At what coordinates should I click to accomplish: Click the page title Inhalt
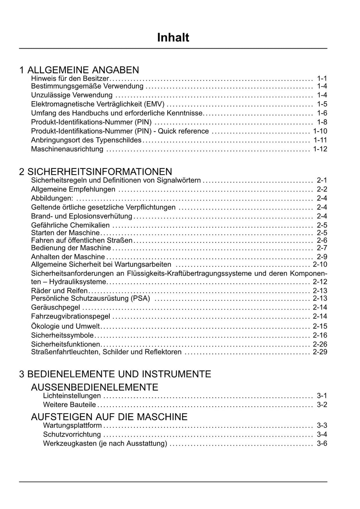point(173,38)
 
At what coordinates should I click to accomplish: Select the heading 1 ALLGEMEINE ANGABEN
point(79,70)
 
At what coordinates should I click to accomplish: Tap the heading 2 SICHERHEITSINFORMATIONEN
point(96,172)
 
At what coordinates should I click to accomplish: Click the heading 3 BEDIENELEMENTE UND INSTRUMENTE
point(115,374)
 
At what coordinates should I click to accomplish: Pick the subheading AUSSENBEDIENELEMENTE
point(95,387)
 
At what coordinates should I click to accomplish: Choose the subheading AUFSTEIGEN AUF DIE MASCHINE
point(109,417)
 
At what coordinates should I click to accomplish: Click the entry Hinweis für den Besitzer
point(70,78)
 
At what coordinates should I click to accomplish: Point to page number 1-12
point(320,149)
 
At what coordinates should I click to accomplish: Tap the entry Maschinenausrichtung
point(67,149)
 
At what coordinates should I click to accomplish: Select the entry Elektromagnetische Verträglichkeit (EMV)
point(98,104)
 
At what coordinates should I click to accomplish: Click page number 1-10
point(320,131)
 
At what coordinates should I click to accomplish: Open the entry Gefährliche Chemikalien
point(70,225)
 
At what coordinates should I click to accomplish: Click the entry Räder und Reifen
point(59,291)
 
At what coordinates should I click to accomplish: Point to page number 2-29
point(320,352)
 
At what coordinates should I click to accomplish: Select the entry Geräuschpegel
point(56,307)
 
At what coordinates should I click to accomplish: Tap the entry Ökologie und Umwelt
point(65,326)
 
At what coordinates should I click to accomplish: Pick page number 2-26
point(320,344)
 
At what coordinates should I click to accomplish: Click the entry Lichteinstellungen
point(72,396)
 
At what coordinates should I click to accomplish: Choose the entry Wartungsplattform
point(72,425)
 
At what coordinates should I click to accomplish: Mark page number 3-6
point(322,444)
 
